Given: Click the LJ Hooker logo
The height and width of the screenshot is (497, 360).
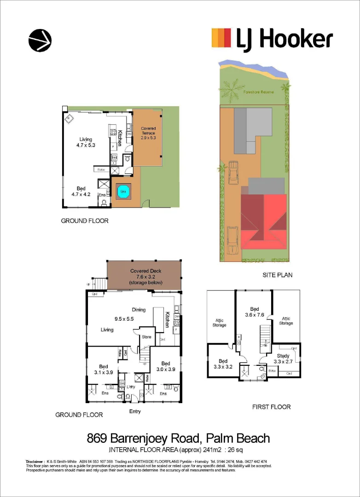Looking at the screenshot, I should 272,38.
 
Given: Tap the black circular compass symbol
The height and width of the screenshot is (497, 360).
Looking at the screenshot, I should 40,40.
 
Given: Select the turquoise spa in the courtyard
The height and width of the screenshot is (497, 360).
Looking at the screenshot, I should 123,191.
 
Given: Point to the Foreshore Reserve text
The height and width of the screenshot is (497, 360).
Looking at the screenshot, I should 258,92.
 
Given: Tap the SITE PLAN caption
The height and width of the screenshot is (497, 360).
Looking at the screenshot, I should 278,275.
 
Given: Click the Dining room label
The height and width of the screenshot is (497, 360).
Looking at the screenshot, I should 139,310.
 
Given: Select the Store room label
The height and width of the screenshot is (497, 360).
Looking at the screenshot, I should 146,337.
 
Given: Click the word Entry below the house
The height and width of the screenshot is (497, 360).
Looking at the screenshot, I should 134,411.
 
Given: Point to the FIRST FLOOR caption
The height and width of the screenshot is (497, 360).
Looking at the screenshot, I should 271,407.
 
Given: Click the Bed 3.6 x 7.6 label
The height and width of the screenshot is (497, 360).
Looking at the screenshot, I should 255,312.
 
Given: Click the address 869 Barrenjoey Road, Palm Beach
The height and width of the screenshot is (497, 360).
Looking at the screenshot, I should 179,439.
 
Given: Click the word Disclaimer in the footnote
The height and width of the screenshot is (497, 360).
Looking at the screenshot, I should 35,461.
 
